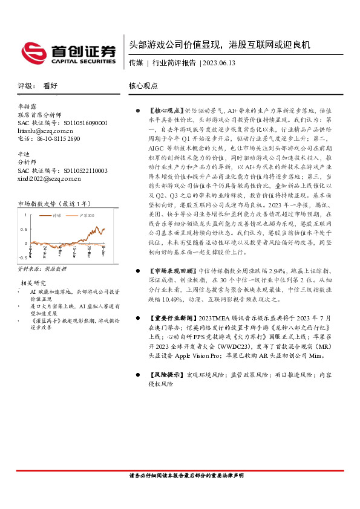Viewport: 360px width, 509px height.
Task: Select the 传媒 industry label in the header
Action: click(136, 62)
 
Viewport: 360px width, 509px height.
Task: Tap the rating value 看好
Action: click(50, 86)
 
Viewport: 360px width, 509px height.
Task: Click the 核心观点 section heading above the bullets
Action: click(143, 86)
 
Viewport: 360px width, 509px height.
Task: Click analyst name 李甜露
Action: click(28, 106)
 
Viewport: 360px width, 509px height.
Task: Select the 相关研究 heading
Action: click(34, 282)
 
